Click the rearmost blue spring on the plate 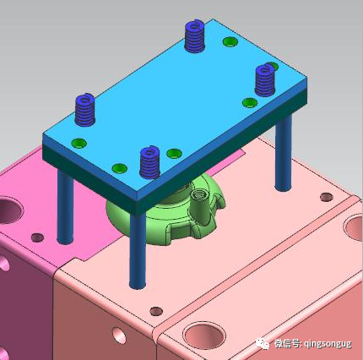click(196, 35)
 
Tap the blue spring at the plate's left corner click(84, 107)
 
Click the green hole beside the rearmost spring click(229, 41)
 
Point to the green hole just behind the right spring click(272, 67)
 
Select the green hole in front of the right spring click(249, 103)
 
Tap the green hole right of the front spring click(174, 154)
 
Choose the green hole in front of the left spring click(79, 142)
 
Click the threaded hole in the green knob click(200, 194)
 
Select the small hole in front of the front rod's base click(154, 310)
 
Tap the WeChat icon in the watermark click(258, 343)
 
